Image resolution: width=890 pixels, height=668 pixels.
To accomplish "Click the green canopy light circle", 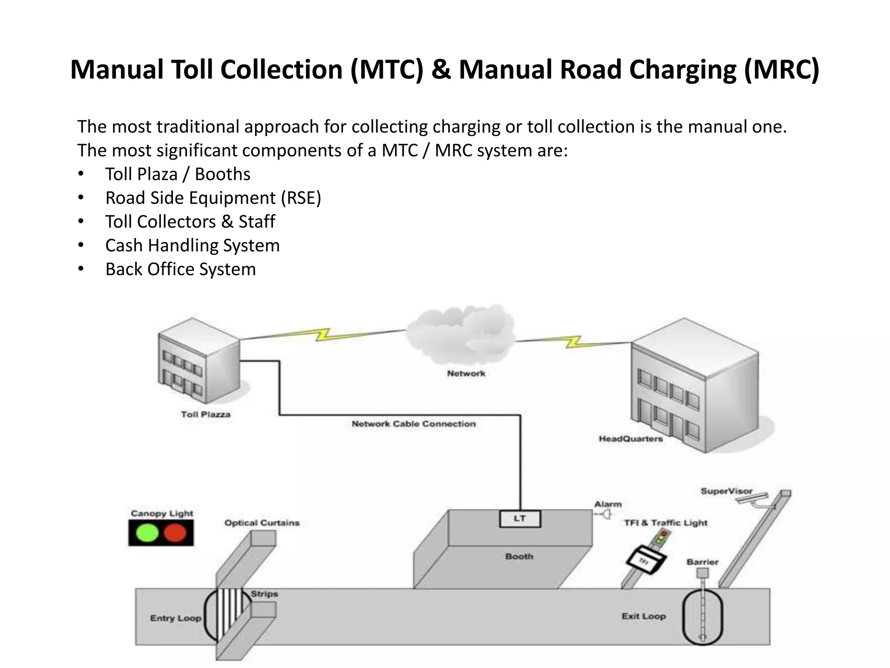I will [x=147, y=533].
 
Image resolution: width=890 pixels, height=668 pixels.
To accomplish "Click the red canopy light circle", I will [x=175, y=533].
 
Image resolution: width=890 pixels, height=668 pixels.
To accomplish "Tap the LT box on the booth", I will [x=520, y=518].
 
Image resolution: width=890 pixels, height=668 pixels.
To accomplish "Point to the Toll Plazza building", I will [x=199, y=361].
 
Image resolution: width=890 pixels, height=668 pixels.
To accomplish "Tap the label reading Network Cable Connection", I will [x=414, y=424].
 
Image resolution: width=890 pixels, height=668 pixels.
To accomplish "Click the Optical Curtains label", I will [x=262, y=523].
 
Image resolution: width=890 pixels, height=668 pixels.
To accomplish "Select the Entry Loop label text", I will [x=176, y=618].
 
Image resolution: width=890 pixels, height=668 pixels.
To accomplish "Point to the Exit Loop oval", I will [x=703, y=616].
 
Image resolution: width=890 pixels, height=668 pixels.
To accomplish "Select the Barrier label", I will [x=702, y=562].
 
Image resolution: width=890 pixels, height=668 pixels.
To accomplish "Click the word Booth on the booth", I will [x=519, y=556].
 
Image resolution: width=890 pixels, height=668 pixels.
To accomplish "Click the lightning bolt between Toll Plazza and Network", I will [x=322, y=334].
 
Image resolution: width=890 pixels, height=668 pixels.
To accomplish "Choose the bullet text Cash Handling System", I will [x=193, y=245].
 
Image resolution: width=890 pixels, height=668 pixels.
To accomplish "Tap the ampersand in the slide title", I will [x=441, y=70].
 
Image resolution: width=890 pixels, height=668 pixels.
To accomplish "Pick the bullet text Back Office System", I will [x=180, y=269].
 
